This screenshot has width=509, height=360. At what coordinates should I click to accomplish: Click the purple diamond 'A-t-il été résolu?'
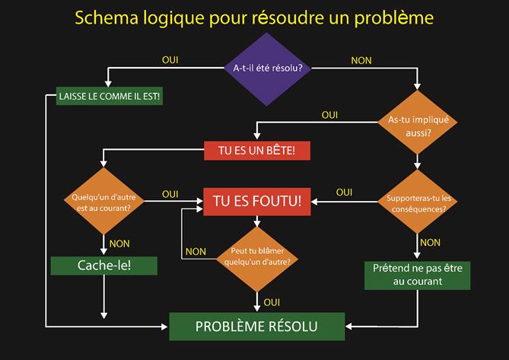[x=267, y=68]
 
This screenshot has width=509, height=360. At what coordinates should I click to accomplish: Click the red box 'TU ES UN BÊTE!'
[x=257, y=151]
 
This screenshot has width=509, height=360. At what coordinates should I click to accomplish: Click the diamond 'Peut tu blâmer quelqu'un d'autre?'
[x=258, y=256]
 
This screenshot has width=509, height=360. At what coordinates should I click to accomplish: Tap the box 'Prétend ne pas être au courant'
[x=417, y=275]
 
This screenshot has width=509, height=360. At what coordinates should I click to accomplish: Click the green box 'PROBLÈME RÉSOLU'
[x=256, y=326]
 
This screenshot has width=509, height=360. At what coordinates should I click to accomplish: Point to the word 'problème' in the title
[x=401, y=18]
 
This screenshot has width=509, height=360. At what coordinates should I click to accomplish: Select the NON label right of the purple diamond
[x=361, y=59]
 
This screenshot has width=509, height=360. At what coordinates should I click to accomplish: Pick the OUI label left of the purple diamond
[x=170, y=59]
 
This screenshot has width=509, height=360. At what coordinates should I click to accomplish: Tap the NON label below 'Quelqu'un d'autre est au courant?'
[x=119, y=244]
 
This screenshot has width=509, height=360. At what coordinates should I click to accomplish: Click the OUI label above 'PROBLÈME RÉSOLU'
[x=272, y=302]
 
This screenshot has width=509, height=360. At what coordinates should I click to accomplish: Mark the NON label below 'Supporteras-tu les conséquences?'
[x=431, y=242]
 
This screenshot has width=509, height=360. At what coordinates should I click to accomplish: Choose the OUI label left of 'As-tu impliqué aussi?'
[x=329, y=115]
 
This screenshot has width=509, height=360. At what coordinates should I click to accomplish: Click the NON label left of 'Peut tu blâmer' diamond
[x=196, y=251]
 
